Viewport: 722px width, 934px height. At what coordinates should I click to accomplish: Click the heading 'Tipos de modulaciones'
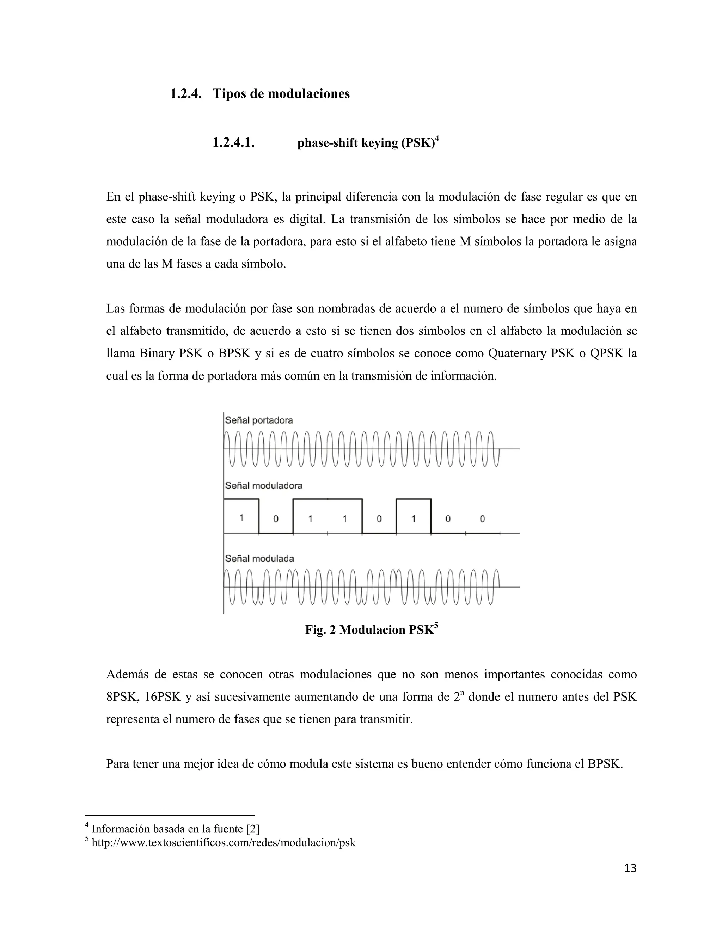[x=281, y=94]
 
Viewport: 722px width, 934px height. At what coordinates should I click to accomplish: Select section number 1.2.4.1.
[x=233, y=143]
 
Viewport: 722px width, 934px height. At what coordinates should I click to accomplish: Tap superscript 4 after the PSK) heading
[x=437, y=138]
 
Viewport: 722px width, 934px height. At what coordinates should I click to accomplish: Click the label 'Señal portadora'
[x=259, y=420]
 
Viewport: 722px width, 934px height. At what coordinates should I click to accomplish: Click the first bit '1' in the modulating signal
[x=241, y=518]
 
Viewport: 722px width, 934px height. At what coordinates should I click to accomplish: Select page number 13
[x=630, y=868]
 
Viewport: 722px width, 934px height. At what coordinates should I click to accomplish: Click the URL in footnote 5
[x=223, y=843]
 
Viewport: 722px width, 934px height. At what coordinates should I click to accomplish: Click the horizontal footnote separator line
[x=170, y=815]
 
